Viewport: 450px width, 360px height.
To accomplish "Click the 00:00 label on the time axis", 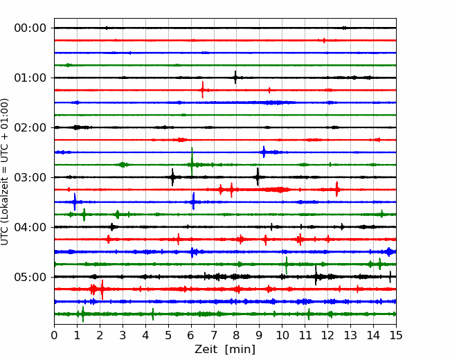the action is click(30, 28).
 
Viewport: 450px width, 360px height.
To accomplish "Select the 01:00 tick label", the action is click(30, 78).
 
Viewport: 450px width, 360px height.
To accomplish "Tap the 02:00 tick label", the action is click(30, 127).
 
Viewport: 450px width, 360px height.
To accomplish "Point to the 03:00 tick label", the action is click(30, 177).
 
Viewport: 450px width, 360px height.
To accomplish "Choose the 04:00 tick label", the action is click(30, 227).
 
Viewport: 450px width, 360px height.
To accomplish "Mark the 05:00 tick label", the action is click(30, 277).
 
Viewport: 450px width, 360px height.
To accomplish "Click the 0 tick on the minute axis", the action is click(54, 335).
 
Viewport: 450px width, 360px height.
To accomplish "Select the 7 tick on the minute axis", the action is click(214, 335).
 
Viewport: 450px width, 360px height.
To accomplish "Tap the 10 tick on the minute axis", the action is click(282, 335).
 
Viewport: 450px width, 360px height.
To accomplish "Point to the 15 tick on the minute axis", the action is click(396, 335).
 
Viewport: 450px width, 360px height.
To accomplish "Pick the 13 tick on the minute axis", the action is click(350, 335).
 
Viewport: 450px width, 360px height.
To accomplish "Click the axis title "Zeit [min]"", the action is click(225, 350).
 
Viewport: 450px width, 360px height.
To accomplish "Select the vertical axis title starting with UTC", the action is click(4, 172).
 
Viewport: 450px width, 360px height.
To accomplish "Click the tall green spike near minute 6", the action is click(192, 161).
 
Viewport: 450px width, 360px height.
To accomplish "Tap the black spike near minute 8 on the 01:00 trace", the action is click(235, 78).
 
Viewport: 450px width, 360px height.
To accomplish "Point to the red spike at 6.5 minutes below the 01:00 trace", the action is click(203, 90).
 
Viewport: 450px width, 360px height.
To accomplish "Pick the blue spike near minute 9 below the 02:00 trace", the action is click(264, 152).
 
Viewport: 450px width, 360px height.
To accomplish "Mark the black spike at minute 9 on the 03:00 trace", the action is click(258, 177).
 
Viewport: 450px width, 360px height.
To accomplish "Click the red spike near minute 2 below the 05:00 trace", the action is click(102, 289).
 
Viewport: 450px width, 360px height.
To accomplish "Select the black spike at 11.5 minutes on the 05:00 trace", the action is click(316, 276).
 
